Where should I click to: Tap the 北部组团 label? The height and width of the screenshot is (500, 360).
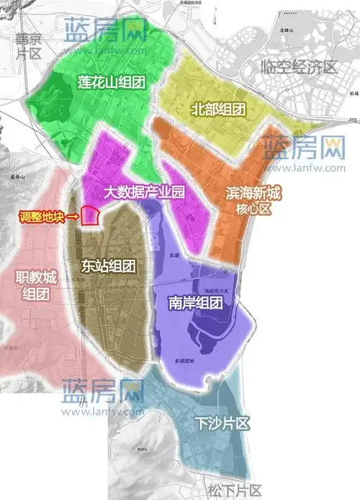point(219,109)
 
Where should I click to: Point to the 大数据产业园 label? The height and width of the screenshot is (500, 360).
point(144,193)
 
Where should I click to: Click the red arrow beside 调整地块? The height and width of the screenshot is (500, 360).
point(73,216)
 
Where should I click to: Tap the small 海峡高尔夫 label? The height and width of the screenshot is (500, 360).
point(216,289)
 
